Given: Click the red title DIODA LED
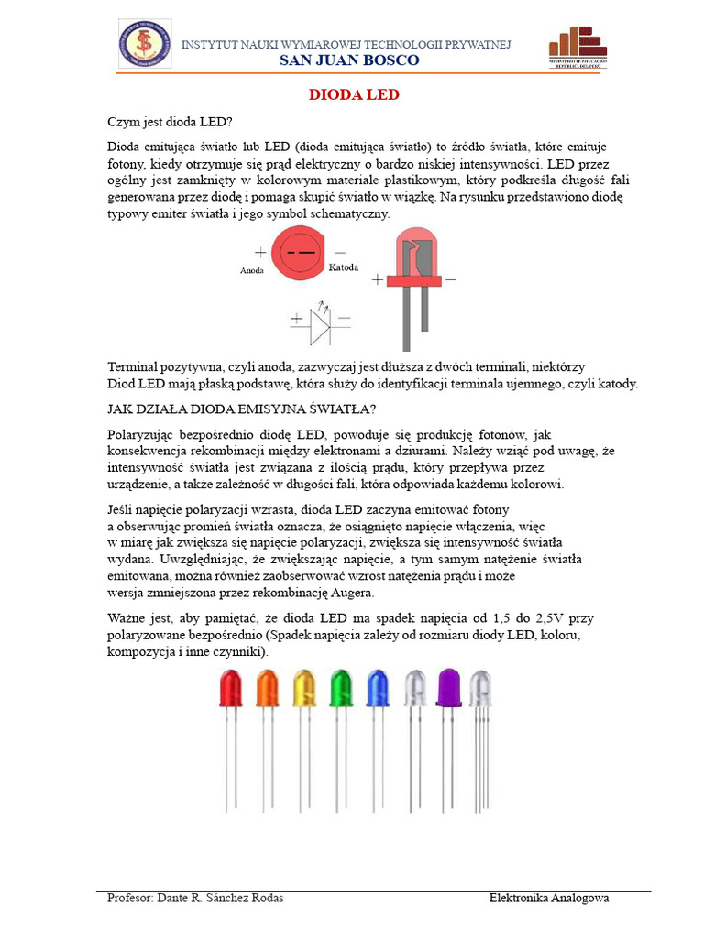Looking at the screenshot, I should pos(353,95).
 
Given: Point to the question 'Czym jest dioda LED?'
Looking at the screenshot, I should pos(170,123).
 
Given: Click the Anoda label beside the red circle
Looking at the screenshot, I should pos(252,271).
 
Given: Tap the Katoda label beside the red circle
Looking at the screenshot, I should pos(343,267).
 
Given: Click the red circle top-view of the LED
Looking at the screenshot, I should pos(299,252).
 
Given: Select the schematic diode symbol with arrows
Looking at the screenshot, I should pos(320,321).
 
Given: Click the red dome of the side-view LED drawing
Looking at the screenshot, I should pos(417,255).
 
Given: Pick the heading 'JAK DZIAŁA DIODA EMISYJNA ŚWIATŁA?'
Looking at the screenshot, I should pos(242,409).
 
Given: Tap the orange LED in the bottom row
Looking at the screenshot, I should pos(267,689).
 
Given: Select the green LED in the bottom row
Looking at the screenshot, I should pos(340,689).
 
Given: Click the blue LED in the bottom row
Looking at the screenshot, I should pos(378,689).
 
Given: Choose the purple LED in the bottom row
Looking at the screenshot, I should pos(449,689).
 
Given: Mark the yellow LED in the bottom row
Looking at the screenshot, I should pos(303,689).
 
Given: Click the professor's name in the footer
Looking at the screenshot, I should pos(195,898).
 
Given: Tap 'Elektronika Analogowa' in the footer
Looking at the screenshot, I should pos(549,898).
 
